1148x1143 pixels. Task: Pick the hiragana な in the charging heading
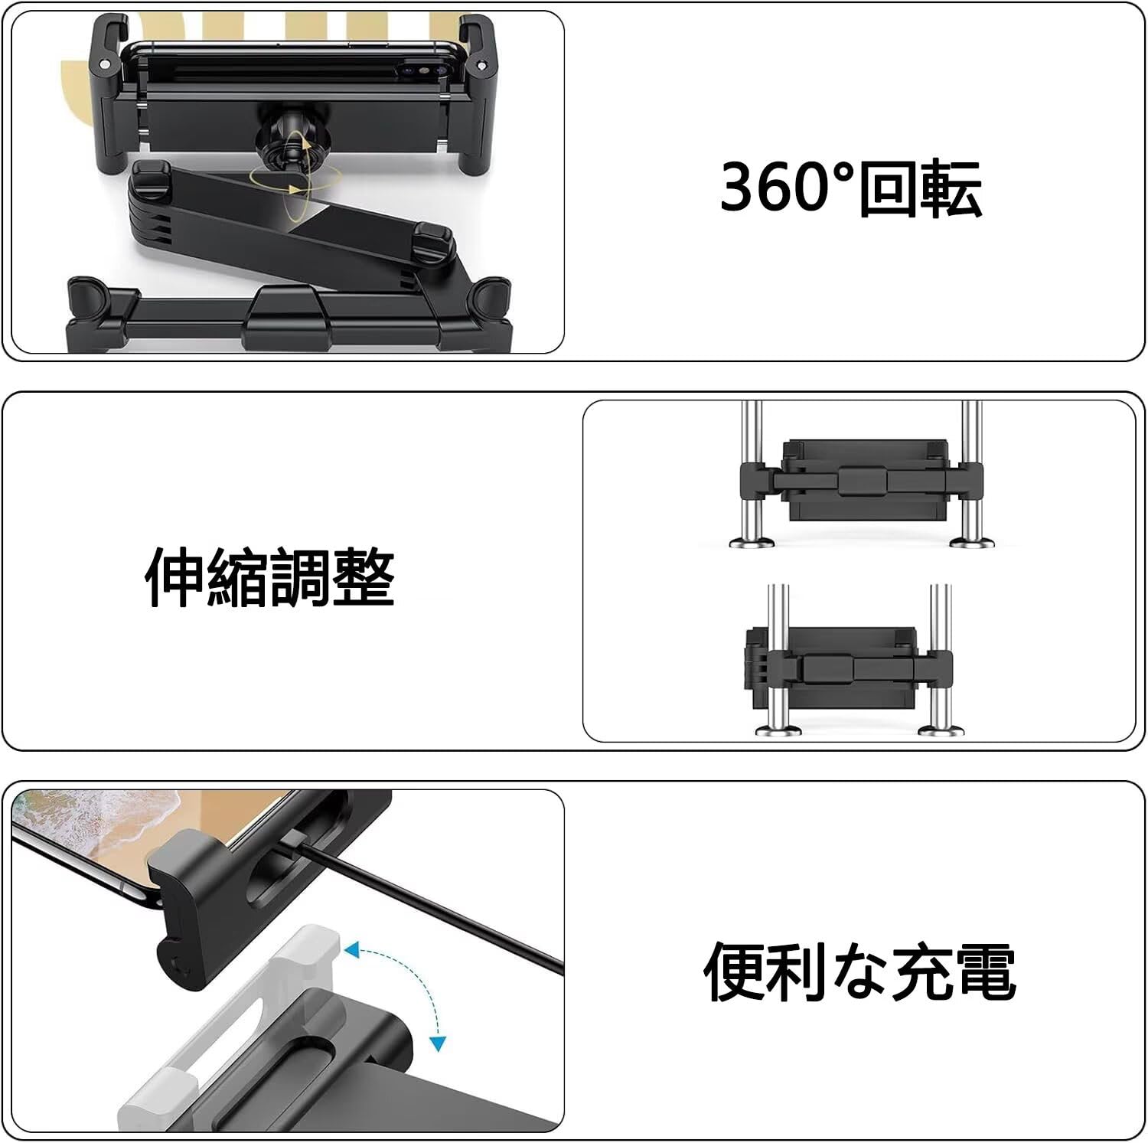(862, 971)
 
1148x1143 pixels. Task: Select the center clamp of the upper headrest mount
(863, 481)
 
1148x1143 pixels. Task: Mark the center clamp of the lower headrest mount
(828, 669)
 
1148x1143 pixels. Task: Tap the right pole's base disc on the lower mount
(940, 728)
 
